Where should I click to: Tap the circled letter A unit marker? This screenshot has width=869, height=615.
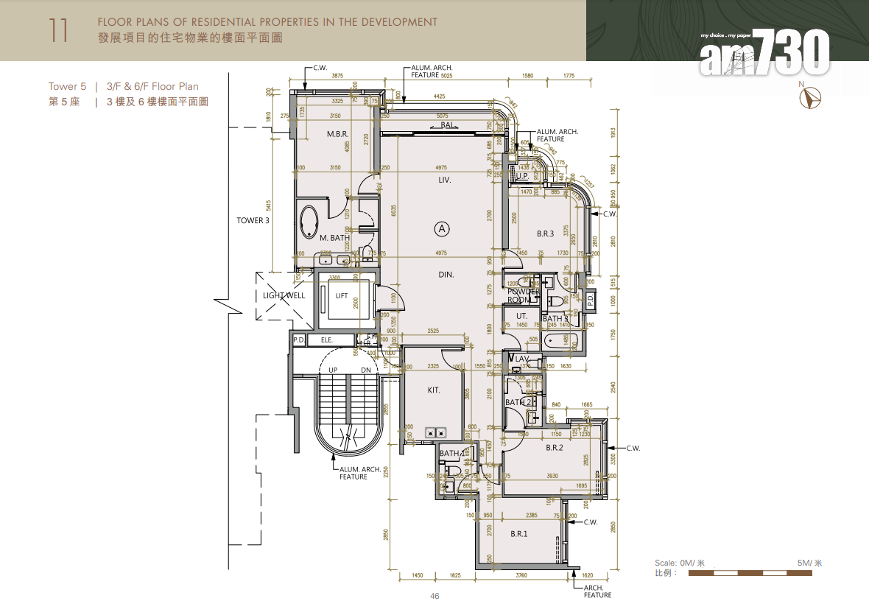tap(442, 229)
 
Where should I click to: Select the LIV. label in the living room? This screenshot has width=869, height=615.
tap(444, 180)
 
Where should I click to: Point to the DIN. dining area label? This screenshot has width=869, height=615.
tap(446, 275)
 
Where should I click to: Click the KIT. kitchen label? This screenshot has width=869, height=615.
tap(434, 390)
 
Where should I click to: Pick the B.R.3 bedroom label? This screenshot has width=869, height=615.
tap(545, 233)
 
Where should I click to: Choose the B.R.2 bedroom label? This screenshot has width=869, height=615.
tap(555, 448)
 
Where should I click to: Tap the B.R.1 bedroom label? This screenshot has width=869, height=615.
tap(519, 534)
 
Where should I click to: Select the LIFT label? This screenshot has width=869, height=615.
tap(342, 296)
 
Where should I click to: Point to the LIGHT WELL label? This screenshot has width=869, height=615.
tap(284, 296)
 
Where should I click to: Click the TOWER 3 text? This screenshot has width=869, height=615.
tap(253, 220)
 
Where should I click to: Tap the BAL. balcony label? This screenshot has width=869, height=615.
tap(448, 126)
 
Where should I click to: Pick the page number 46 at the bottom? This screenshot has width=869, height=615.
tap(434, 596)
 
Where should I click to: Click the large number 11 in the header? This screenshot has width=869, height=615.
tap(59, 30)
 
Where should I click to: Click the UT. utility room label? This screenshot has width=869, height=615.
tap(521, 316)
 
